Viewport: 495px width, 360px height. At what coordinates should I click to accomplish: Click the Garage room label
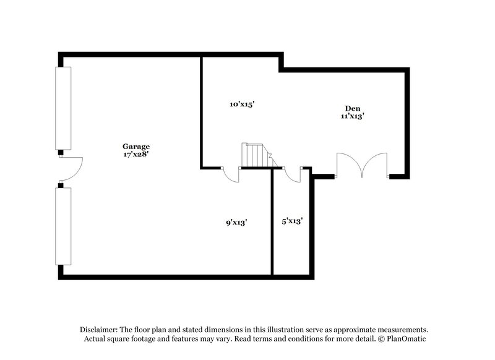tap(136, 147)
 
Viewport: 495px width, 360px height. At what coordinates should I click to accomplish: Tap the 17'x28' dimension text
tap(136, 155)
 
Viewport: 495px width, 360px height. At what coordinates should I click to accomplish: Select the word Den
tap(353, 108)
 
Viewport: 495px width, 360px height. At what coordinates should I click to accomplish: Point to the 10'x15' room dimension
tap(243, 105)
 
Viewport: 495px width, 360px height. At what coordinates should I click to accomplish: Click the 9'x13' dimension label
tap(236, 221)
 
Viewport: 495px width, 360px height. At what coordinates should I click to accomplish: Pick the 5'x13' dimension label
tap(291, 221)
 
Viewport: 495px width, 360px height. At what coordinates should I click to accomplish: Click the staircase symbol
tap(254, 156)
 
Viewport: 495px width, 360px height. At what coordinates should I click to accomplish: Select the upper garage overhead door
tap(63, 108)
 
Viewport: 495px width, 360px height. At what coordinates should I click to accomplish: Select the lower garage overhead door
tap(63, 226)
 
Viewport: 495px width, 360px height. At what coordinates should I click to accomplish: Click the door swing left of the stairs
tap(231, 175)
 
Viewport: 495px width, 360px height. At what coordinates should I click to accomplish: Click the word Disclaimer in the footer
tap(100, 330)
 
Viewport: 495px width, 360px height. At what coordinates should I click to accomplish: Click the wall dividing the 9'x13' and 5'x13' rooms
tap(272, 223)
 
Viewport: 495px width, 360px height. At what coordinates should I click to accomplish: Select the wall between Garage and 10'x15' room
tap(201, 111)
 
